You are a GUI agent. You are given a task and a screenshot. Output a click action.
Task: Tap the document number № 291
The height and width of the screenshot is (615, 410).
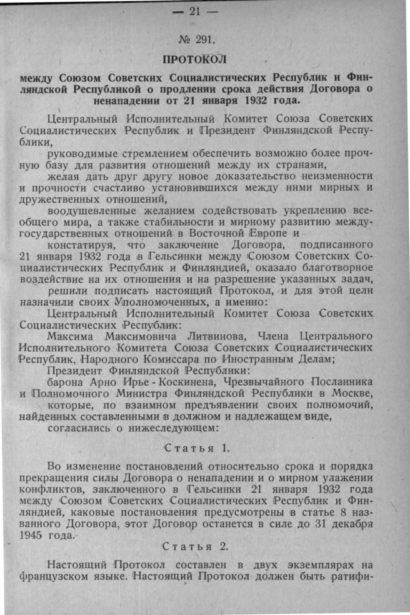point(196,40)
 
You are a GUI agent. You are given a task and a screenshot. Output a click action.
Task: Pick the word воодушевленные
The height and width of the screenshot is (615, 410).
point(92,210)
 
